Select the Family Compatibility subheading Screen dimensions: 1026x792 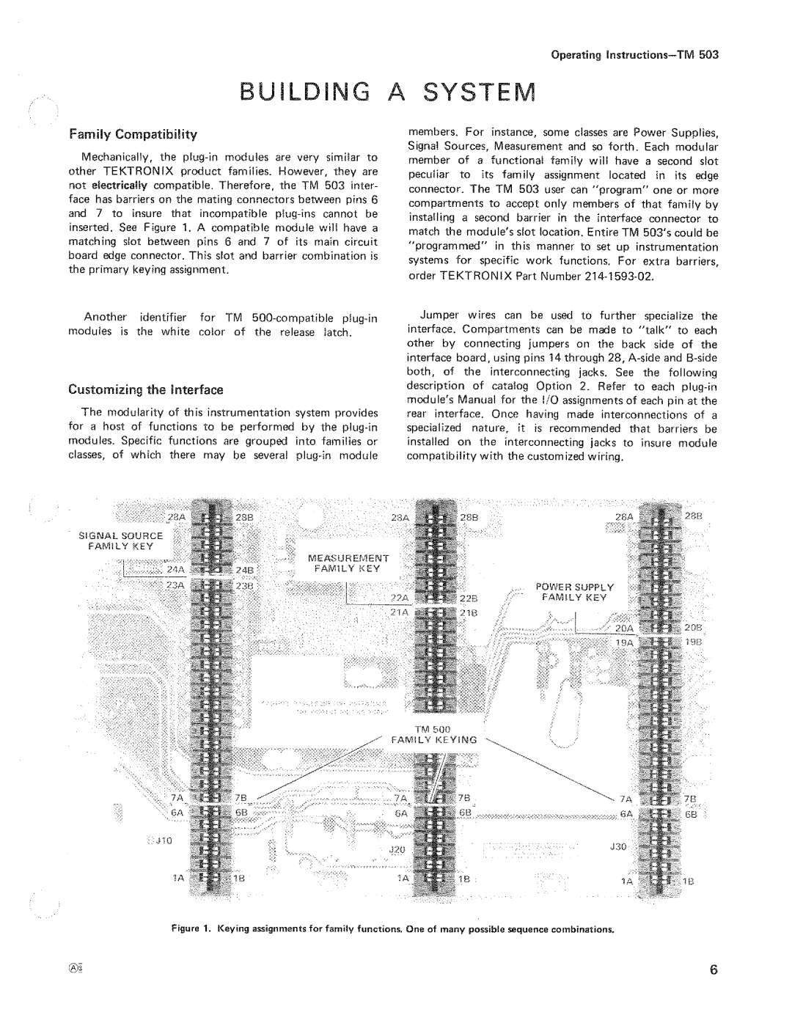coord(132,134)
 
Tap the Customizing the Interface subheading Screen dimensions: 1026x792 coord(146,389)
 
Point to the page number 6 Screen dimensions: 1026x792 coord(712,970)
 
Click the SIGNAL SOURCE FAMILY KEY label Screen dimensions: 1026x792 coord(121,541)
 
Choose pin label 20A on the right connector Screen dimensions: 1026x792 coord(624,628)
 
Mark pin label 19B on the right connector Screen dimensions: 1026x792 coord(694,642)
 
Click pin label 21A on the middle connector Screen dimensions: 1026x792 coord(398,612)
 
